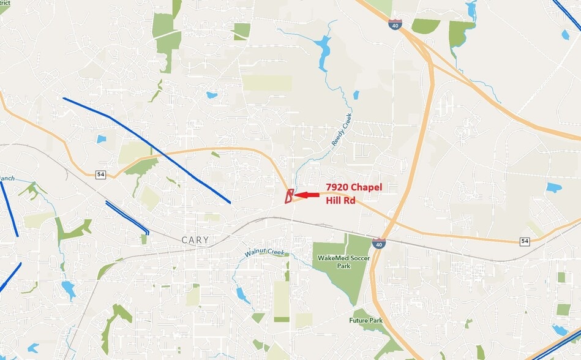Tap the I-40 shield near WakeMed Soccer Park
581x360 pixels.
380,244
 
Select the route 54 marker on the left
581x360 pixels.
100,174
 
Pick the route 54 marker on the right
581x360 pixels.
525,241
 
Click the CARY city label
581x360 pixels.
195,241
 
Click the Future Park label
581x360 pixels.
366,320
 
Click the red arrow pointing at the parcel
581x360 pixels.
307,195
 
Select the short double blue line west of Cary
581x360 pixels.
127,217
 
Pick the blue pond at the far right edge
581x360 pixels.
553,188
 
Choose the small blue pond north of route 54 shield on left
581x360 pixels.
101,139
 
